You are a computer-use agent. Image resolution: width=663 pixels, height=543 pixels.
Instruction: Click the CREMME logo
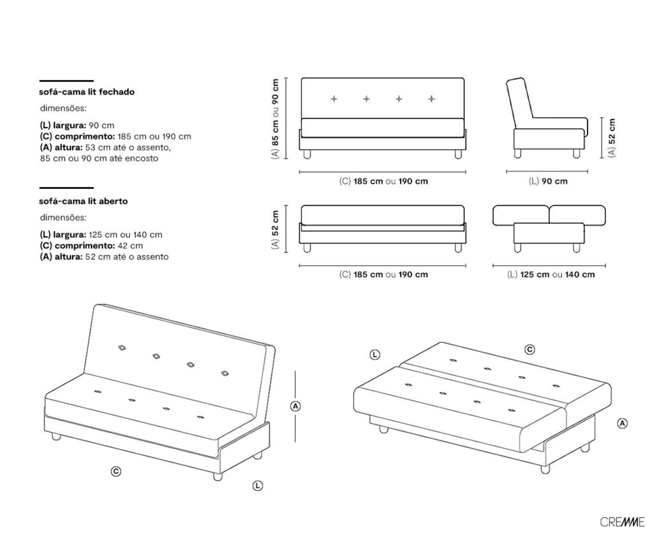pyautogui.click(x=622, y=522)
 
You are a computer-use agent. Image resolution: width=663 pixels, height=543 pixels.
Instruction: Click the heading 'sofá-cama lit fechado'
pyautogui.click(x=87, y=92)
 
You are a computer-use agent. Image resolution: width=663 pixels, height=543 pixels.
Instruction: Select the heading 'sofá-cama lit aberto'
pyautogui.click(x=83, y=201)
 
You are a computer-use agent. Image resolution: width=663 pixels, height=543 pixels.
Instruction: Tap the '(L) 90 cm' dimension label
pyautogui.click(x=548, y=181)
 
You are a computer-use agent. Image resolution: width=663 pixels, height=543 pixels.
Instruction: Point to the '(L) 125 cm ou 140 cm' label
pyautogui.click(x=551, y=274)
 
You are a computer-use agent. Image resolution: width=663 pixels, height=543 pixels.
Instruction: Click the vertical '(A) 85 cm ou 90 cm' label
pyautogui.click(x=275, y=119)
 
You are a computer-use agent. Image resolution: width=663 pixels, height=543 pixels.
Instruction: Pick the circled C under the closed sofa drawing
pyautogui.click(x=116, y=471)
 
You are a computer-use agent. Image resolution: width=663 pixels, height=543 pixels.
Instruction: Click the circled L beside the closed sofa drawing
pyautogui.click(x=258, y=486)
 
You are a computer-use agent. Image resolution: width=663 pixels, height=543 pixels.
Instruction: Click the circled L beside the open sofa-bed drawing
pyautogui.click(x=375, y=355)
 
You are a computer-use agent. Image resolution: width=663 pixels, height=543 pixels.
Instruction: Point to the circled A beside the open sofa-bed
pyautogui.click(x=622, y=424)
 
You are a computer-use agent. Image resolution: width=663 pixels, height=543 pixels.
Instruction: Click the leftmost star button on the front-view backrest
pyautogui.click(x=334, y=99)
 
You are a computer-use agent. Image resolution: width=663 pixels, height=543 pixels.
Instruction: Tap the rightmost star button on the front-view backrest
pyautogui.click(x=431, y=99)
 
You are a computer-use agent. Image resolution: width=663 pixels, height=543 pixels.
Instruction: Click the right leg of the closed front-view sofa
pyautogui.click(x=458, y=154)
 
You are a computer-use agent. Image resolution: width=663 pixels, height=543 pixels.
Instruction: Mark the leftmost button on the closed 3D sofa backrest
pyautogui.click(x=122, y=348)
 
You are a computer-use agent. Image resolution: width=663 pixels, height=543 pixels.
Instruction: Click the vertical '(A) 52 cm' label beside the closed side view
pyautogui.click(x=612, y=138)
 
